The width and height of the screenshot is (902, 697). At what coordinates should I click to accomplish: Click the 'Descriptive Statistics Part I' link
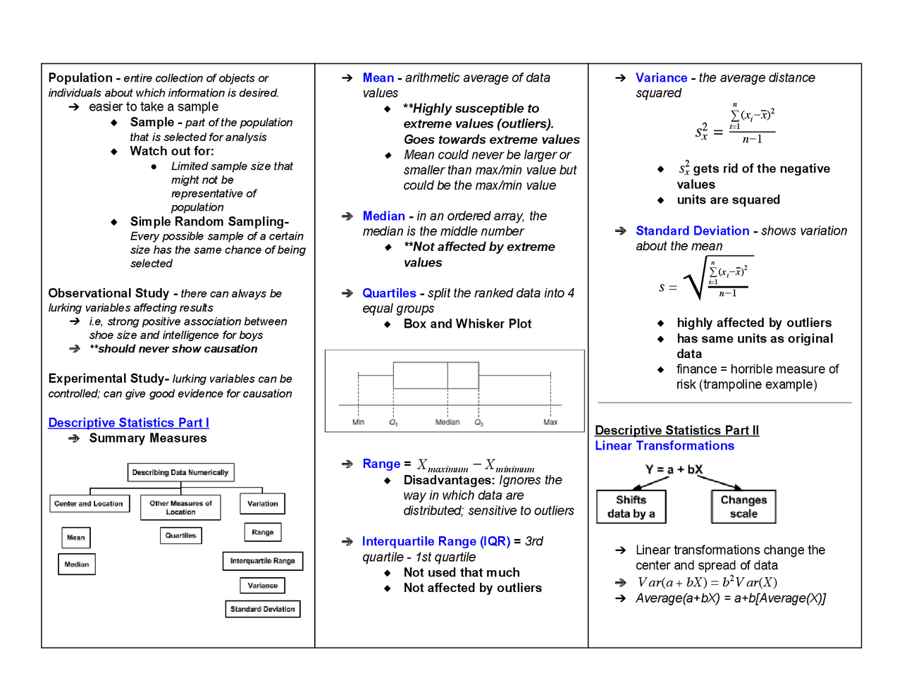pyautogui.click(x=128, y=423)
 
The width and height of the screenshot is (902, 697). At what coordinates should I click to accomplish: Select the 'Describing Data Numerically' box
pyautogui.click(x=180, y=472)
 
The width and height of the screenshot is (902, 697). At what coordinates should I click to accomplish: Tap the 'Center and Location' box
pyautogui.click(x=89, y=504)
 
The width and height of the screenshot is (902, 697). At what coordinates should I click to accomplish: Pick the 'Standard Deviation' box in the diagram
pyautogui.click(x=262, y=609)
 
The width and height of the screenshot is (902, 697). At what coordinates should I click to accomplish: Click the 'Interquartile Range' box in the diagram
pyautogui.click(x=262, y=561)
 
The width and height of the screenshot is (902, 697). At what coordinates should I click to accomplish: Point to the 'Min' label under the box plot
pyautogui.click(x=358, y=422)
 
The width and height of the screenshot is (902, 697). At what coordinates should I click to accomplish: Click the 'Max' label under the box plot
pyautogui.click(x=550, y=422)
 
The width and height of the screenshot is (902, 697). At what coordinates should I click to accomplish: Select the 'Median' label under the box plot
pyautogui.click(x=447, y=422)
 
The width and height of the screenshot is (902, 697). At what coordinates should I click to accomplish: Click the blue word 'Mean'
pyautogui.click(x=378, y=78)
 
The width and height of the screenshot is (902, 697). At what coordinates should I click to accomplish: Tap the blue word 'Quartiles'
pyautogui.click(x=389, y=293)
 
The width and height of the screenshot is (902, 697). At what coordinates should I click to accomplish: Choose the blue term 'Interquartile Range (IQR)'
pyautogui.click(x=435, y=541)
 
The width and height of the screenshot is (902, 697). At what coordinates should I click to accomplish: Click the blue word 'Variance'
pyautogui.click(x=661, y=78)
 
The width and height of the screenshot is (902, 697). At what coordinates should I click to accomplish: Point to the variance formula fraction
pyautogui.click(x=751, y=124)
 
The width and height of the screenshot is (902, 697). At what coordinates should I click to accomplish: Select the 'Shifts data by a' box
pyautogui.click(x=631, y=507)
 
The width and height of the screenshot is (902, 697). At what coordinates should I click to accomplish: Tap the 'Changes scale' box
pyautogui.click(x=743, y=507)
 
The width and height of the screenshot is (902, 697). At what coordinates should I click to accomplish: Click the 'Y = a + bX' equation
pyautogui.click(x=674, y=469)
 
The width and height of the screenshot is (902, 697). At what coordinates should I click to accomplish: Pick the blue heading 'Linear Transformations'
pyautogui.click(x=665, y=446)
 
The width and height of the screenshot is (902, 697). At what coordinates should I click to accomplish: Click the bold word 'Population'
pyautogui.click(x=80, y=78)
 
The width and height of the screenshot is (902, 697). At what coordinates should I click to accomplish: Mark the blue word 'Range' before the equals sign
pyautogui.click(x=381, y=464)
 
